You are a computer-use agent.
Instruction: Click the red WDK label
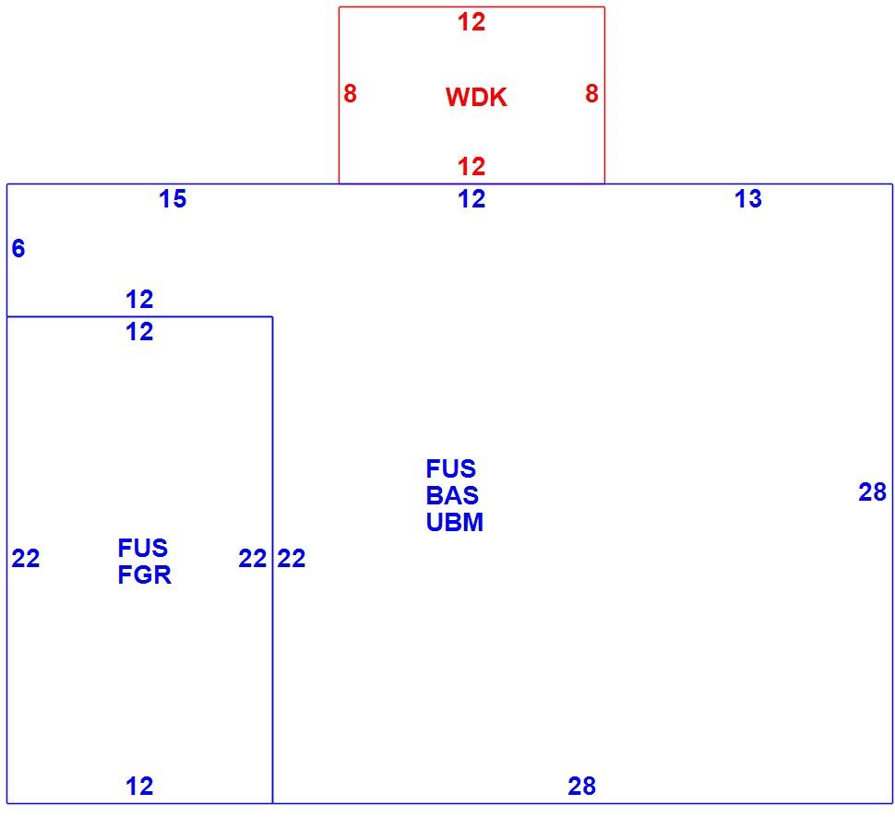pyautogui.click(x=476, y=97)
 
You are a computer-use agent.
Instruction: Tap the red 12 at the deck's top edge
pyautogui.click(x=471, y=22)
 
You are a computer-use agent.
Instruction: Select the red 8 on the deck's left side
pyautogui.click(x=350, y=93)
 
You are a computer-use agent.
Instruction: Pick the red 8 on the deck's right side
pyautogui.click(x=591, y=93)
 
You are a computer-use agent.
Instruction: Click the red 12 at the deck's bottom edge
pyautogui.click(x=471, y=167)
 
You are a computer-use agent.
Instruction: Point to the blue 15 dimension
pyautogui.click(x=173, y=199)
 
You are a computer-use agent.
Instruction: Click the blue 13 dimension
pyautogui.click(x=747, y=199)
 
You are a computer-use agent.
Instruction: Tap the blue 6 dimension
pyautogui.click(x=18, y=249)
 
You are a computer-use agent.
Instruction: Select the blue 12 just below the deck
pyautogui.click(x=471, y=199)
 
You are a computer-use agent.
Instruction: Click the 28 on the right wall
pyautogui.click(x=872, y=492)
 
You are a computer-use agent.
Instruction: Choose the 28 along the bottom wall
pyautogui.click(x=581, y=787)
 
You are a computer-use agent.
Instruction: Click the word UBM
pyautogui.click(x=454, y=523)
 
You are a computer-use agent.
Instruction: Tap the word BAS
pyautogui.click(x=452, y=496)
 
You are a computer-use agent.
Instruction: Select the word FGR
pyautogui.click(x=145, y=575)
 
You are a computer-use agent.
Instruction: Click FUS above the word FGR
pyautogui.click(x=143, y=549)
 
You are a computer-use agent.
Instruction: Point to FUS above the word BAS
pyautogui.click(x=451, y=469)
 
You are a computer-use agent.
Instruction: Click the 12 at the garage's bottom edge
pyautogui.click(x=139, y=787)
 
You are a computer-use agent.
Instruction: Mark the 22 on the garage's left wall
pyautogui.click(x=26, y=559)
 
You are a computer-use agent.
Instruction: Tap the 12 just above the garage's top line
pyautogui.click(x=139, y=300)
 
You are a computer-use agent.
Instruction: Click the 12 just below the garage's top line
pyautogui.click(x=139, y=332)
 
